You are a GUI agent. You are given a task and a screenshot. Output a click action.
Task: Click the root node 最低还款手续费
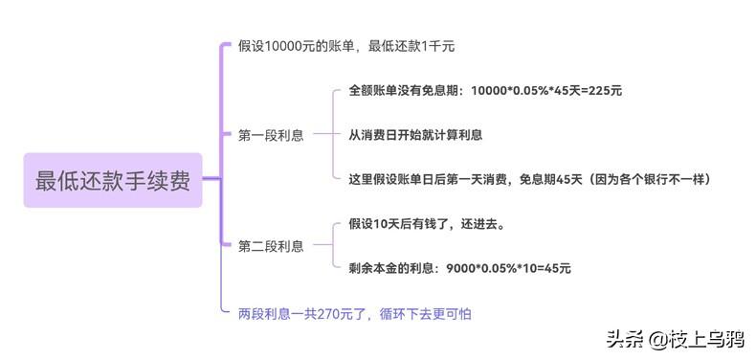coord(113,180)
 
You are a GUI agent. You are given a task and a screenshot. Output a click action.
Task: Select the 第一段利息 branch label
coord(271,136)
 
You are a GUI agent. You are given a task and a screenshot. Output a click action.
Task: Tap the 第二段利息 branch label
coord(271,246)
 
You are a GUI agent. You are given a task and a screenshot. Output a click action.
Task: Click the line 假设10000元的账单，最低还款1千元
coord(345,46)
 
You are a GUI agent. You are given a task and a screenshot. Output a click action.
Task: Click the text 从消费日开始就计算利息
coord(415,135)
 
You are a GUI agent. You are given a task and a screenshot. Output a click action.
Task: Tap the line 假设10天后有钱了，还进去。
coord(427,224)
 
